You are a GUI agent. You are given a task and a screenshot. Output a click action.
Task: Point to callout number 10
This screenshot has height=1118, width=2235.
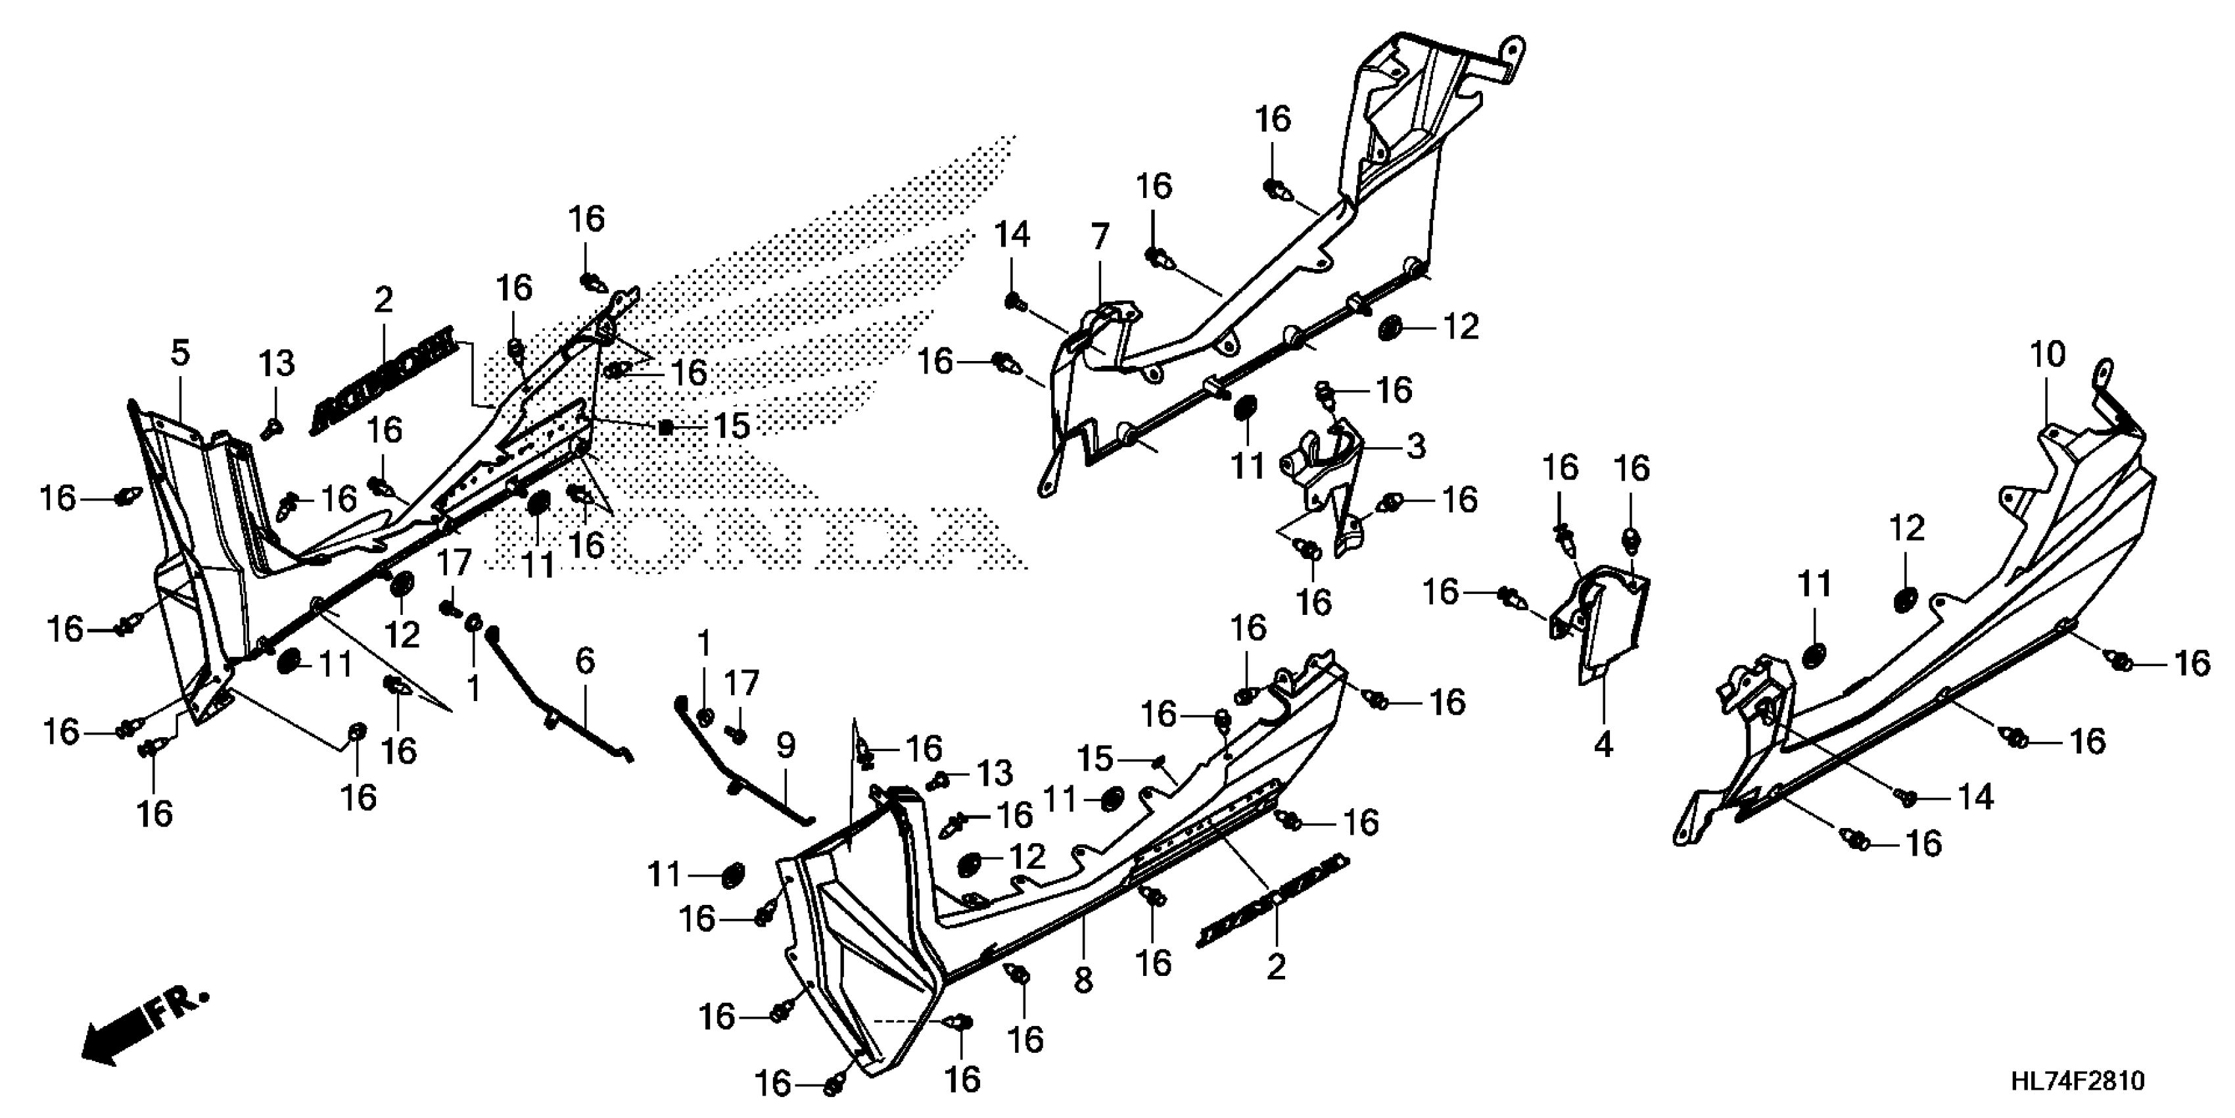click(2048, 354)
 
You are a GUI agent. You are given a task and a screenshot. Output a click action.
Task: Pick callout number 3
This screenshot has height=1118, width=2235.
click(1415, 447)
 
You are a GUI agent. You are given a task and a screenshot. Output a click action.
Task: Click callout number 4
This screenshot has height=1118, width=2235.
click(1603, 744)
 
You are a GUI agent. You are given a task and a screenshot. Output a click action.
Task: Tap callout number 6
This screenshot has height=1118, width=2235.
click(586, 662)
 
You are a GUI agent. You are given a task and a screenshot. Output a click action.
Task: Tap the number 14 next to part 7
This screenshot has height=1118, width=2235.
click(1012, 235)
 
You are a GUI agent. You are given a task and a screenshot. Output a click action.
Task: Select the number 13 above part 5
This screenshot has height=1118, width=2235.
click(277, 364)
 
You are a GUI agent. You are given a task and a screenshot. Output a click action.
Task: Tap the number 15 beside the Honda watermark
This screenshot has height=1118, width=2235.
click(732, 425)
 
